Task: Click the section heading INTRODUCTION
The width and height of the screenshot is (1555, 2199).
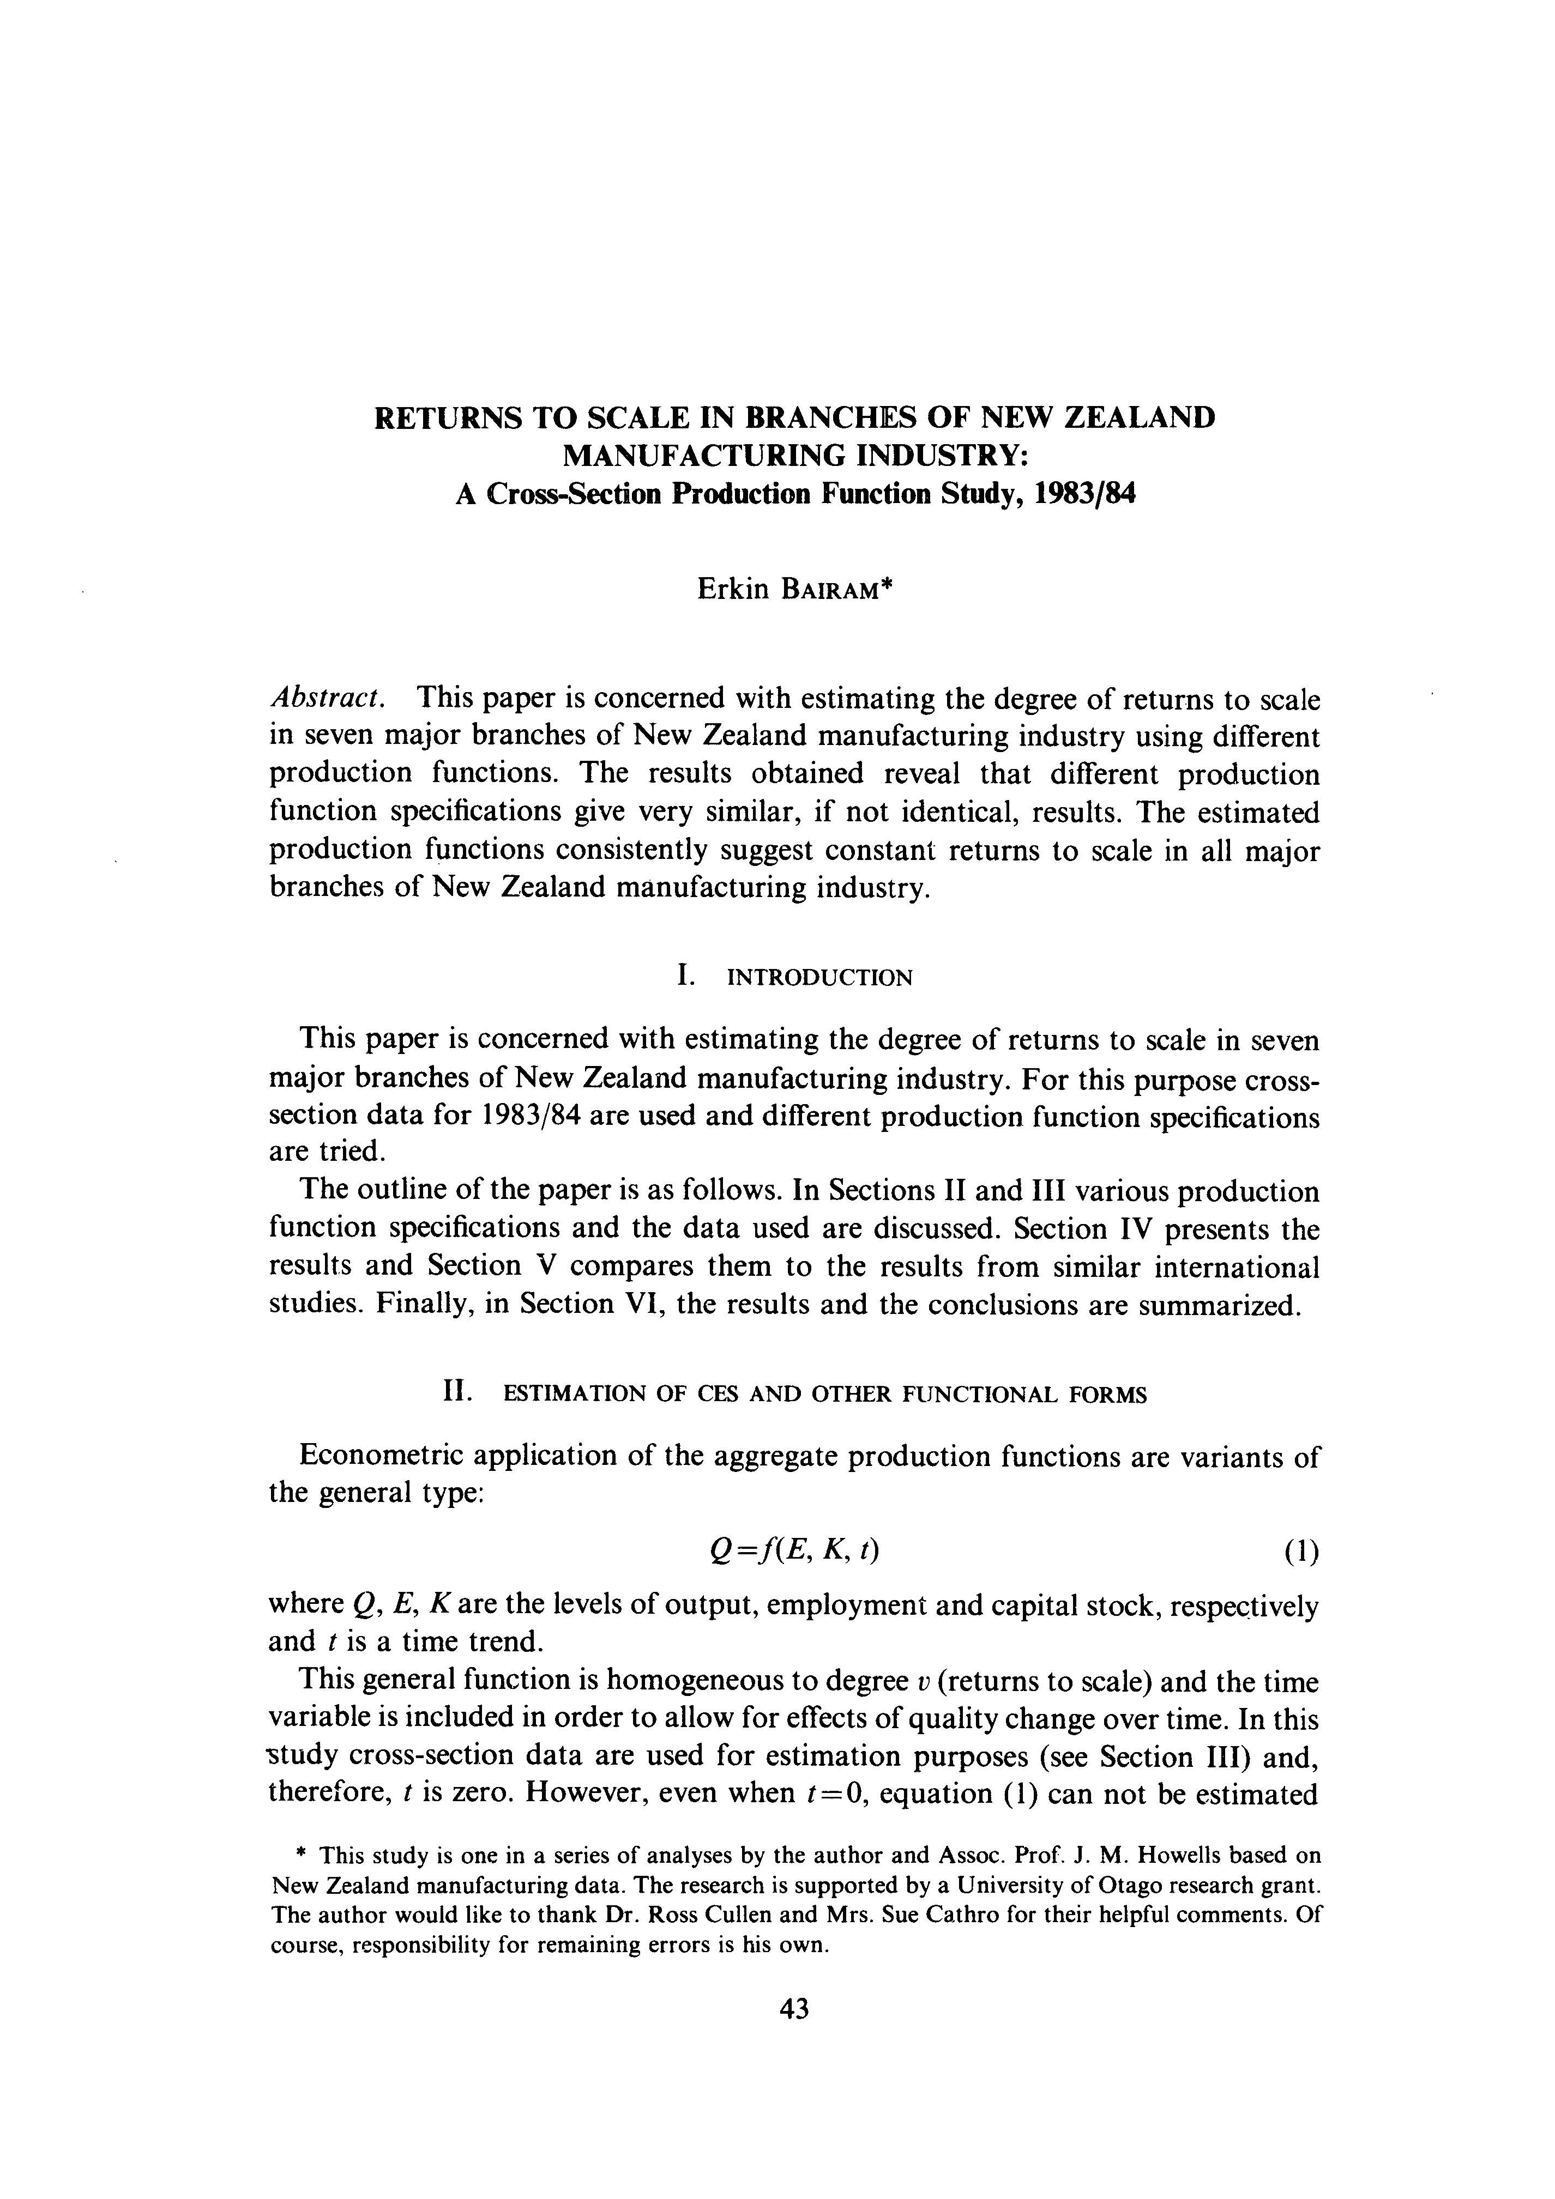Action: [820, 978]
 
